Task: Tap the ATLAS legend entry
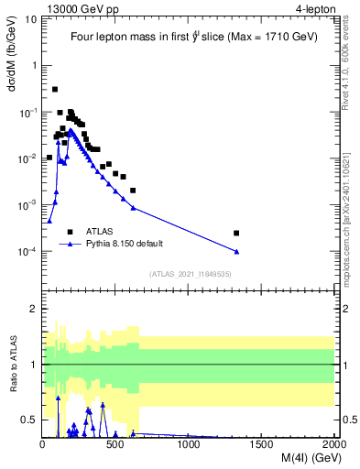pos(100,232)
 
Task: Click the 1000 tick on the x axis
pos(189,444)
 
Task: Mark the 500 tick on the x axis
pos(115,444)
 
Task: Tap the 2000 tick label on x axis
pos(333,444)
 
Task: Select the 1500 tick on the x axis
pos(262,444)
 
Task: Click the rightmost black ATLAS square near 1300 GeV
pos(236,233)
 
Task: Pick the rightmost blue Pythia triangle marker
pos(236,251)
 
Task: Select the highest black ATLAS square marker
pos(55,90)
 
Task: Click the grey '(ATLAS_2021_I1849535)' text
pos(188,273)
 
